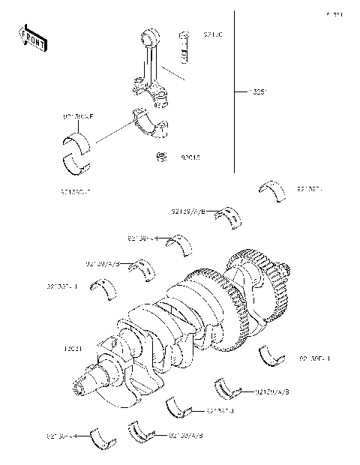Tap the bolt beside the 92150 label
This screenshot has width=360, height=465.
coord(184,48)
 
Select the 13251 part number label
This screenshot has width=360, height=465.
coord(258,93)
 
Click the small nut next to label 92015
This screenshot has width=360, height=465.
coord(160,157)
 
